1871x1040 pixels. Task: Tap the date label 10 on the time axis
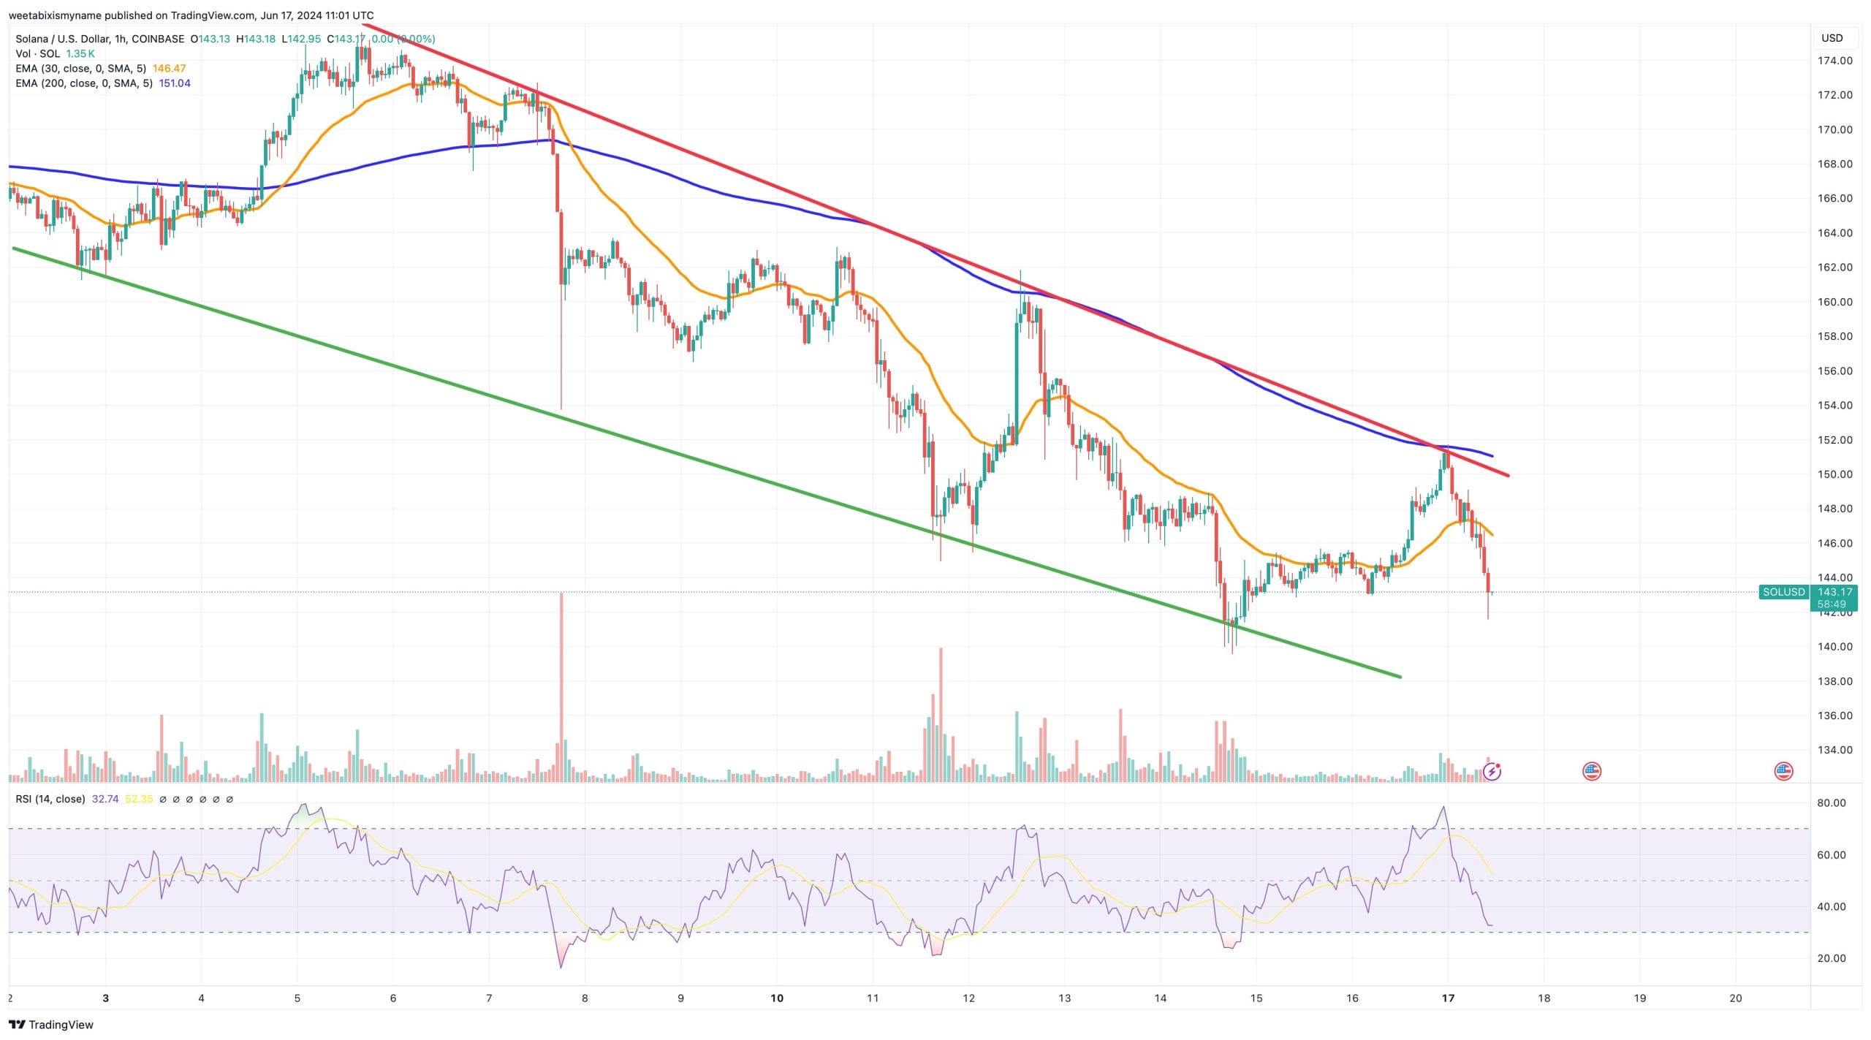coord(776,998)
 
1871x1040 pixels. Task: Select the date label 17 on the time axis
coord(1448,998)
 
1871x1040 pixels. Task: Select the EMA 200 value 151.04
coord(175,83)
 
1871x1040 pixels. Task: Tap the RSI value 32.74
coord(105,800)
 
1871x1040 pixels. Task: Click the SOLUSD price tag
coord(1783,592)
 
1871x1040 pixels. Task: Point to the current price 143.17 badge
coord(1834,593)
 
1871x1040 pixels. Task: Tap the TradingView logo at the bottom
coord(51,1025)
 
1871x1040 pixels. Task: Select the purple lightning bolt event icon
coord(1492,771)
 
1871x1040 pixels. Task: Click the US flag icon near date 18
coord(1591,771)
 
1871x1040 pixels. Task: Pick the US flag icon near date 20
coord(1783,771)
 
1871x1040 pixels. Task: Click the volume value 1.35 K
coord(80,54)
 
